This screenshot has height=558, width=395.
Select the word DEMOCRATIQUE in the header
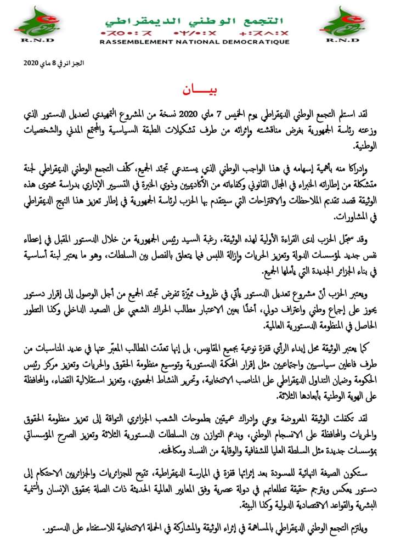coord(261,42)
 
